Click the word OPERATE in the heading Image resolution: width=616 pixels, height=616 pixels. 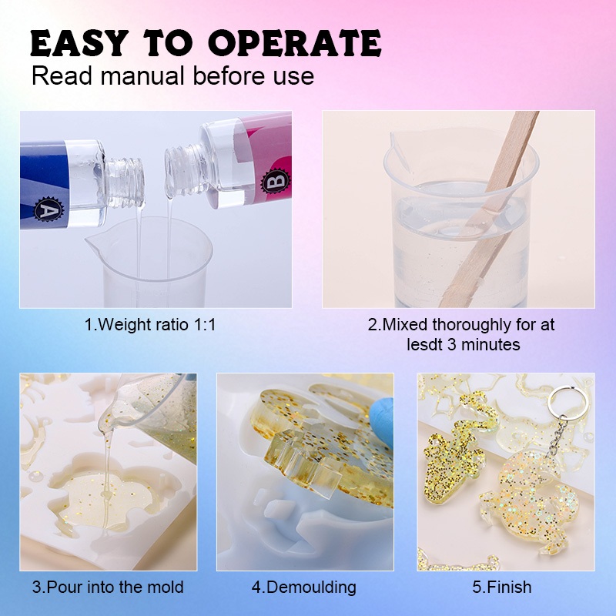(x=295, y=43)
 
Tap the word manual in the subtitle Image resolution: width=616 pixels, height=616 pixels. (x=142, y=75)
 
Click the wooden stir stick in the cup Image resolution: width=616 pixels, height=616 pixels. (x=490, y=208)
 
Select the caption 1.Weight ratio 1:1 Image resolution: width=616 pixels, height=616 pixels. (x=150, y=325)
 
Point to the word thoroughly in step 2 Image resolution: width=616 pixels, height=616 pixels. (x=471, y=325)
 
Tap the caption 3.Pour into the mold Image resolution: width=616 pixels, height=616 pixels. (x=108, y=588)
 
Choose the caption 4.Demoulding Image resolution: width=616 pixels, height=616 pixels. (x=303, y=588)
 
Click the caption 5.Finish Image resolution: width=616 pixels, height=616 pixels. (x=502, y=588)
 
